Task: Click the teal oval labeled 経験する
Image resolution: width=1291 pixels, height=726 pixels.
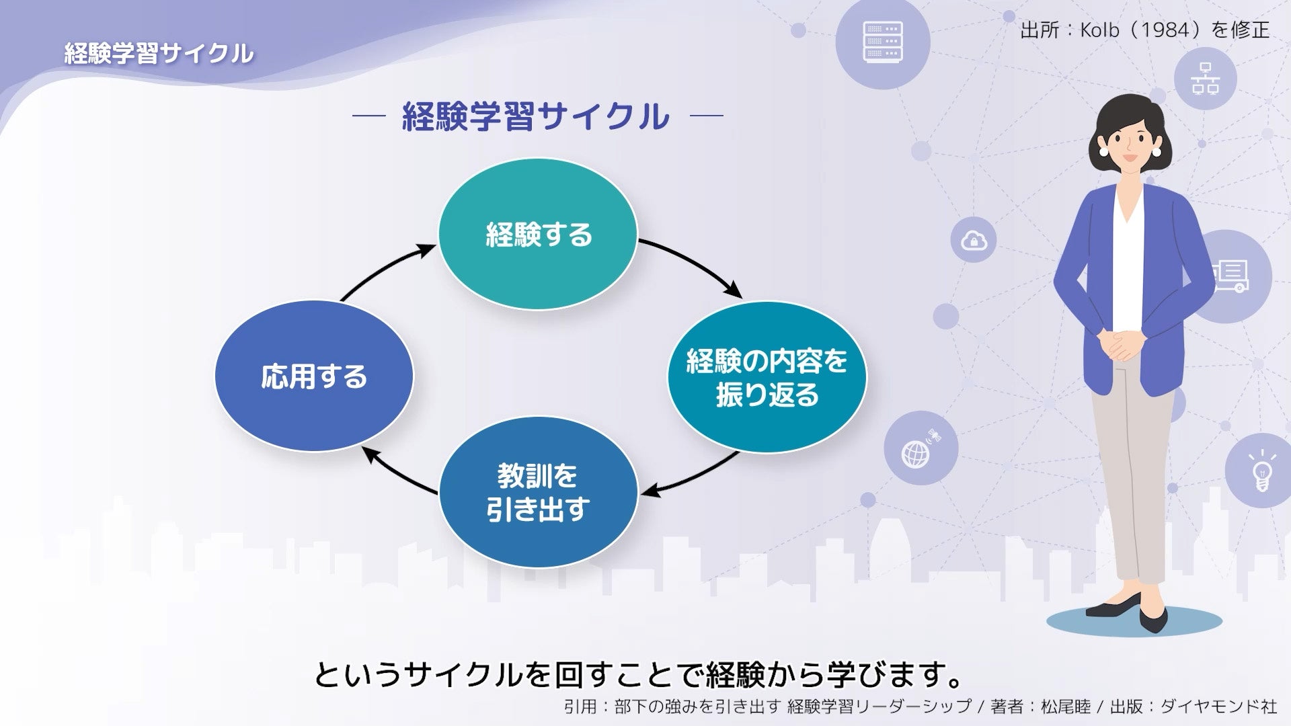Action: (x=537, y=234)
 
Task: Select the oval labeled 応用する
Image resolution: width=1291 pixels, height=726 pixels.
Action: (x=314, y=376)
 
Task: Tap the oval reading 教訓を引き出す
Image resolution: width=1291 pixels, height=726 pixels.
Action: (x=537, y=493)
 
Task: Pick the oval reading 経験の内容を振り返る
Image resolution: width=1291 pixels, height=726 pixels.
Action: (x=767, y=377)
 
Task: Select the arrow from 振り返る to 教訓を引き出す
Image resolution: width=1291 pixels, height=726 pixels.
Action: (x=693, y=477)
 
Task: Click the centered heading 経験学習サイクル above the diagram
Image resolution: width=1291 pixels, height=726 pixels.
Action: (x=536, y=116)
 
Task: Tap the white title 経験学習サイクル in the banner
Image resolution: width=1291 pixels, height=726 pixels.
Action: (x=159, y=53)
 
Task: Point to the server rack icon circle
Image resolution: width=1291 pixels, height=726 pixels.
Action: (x=882, y=42)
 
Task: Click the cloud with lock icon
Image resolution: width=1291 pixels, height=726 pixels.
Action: (x=973, y=240)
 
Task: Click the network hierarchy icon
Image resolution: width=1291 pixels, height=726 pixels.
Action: (x=1205, y=79)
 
